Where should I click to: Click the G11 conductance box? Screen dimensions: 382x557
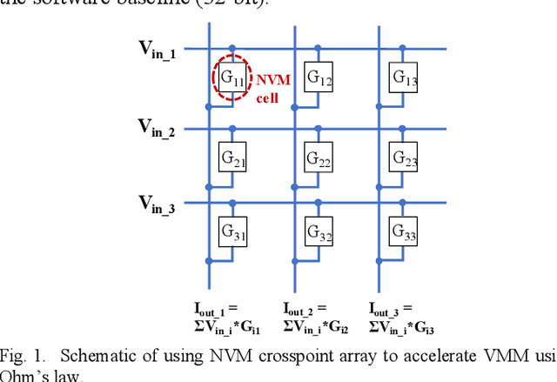(x=231, y=77)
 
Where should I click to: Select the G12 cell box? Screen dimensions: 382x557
(x=318, y=77)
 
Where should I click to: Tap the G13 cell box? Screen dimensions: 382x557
(x=404, y=77)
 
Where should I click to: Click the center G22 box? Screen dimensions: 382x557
(x=318, y=158)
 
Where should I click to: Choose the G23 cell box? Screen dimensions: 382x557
(x=404, y=158)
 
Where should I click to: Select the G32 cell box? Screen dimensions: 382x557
(x=318, y=232)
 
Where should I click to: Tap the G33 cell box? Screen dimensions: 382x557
(x=404, y=232)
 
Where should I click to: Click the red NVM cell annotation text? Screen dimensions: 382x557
(x=272, y=87)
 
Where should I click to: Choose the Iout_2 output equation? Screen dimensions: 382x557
(x=317, y=318)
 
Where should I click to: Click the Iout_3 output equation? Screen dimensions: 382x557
(x=403, y=318)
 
